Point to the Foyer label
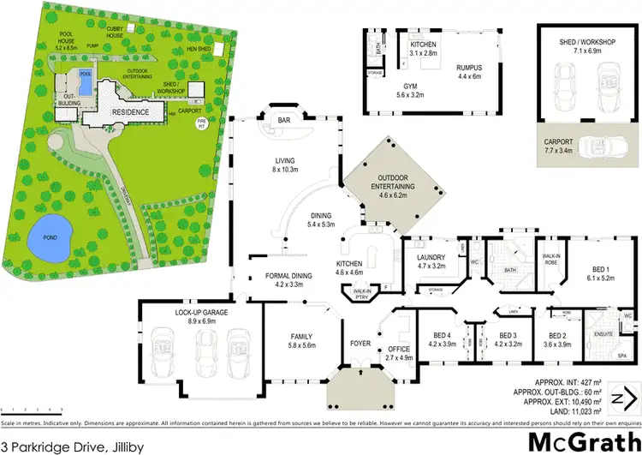coord(359,348)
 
